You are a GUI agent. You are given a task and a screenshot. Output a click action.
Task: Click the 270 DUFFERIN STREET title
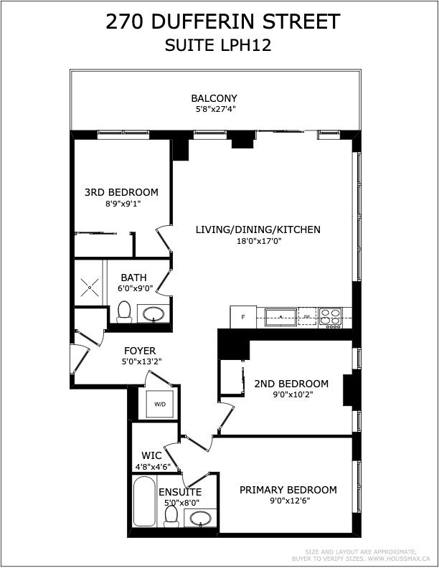coord(223,22)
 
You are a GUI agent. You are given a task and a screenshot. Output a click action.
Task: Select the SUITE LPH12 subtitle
coord(218,46)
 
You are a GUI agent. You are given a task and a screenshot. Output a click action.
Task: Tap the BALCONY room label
coord(214,98)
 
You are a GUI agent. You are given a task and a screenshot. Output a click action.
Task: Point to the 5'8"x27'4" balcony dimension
coord(216,109)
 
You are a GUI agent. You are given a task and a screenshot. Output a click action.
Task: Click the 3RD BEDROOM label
coord(121,192)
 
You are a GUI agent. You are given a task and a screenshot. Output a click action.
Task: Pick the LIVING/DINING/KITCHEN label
coord(258,229)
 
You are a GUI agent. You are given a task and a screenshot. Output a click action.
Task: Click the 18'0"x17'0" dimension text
coord(260,240)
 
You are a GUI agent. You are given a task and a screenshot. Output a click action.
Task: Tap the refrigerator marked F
coord(243,317)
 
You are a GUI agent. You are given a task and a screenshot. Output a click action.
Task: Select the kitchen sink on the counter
coord(281,317)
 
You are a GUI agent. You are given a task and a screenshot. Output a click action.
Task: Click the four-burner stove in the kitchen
coord(331,318)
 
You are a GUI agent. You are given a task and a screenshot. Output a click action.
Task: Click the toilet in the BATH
coord(124,312)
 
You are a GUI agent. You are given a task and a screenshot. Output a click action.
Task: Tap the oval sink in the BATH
coord(154,313)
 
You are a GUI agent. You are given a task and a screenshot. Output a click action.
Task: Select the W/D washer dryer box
coord(160,404)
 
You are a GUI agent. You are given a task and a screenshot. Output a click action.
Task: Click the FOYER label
coord(140,351)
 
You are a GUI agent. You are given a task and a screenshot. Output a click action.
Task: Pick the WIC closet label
coord(151,455)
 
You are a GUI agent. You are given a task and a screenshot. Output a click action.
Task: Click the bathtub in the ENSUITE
coord(144,501)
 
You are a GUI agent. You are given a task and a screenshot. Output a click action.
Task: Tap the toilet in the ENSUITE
coord(171,516)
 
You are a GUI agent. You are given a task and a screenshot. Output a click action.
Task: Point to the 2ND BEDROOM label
coord(291,384)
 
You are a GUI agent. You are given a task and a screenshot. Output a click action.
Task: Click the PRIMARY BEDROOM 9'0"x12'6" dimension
coord(288,501)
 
